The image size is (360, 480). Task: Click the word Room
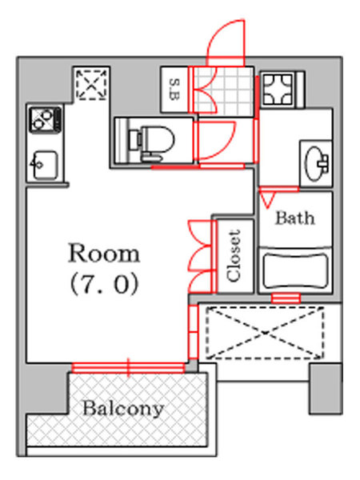(104, 254)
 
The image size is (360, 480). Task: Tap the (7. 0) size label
(105, 284)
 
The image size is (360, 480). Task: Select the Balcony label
(123, 408)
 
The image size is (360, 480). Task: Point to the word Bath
(295, 218)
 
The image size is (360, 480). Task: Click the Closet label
(234, 255)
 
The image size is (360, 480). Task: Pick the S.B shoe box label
(174, 90)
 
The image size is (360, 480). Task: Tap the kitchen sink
(44, 165)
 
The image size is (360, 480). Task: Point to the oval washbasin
(315, 164)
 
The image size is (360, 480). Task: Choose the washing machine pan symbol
(278, 90)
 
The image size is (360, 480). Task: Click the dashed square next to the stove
(91, 84)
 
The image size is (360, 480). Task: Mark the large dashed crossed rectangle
(265, 333)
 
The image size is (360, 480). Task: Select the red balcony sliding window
(129, 367)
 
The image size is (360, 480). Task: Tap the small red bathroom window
(286, 298)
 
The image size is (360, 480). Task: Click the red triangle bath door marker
(267, 199)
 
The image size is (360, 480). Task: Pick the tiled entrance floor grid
(225, 91)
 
